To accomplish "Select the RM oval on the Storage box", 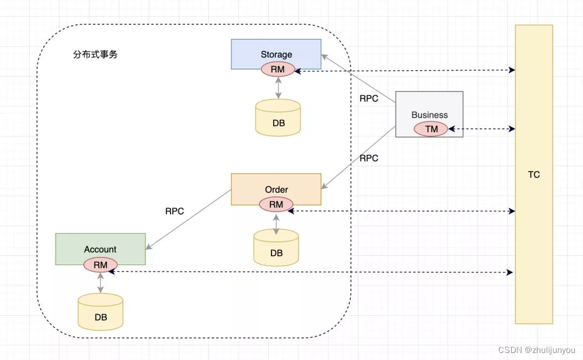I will click(277, 69).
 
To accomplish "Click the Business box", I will click(429, 108).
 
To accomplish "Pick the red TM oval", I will click(431, 129).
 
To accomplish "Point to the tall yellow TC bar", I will click(534, 174).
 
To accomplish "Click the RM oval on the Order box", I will click(276, 205).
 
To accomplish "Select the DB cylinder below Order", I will click(276, 248).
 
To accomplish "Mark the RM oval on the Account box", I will click(100, 264).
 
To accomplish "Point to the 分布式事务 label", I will click(95, 55).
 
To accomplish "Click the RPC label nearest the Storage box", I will click(369, 99).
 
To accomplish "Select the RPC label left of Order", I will click(174, 211).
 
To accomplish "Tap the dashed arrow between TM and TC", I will click(482, 129).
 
